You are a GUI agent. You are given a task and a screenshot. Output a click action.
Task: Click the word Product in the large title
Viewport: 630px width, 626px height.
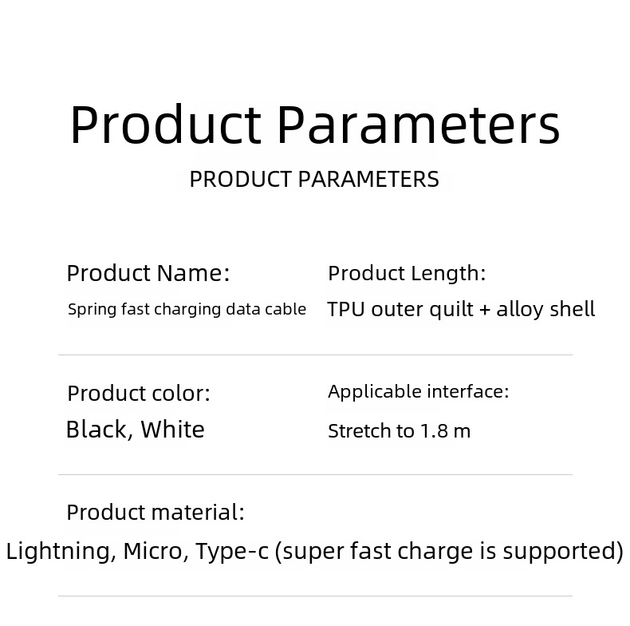[166, 124]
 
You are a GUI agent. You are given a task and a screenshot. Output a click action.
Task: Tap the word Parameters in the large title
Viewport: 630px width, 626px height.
[419, 124]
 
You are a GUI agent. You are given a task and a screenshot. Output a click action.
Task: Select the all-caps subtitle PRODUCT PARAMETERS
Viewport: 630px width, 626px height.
[314, 179]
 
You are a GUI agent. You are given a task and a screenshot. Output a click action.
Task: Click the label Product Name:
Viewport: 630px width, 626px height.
[148, 273]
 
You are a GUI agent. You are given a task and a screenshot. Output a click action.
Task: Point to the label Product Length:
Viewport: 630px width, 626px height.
[407, 274]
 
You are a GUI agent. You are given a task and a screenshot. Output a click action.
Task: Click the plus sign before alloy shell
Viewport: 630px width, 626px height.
[485, 310]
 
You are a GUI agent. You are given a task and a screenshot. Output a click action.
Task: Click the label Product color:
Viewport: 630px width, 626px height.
[139, 393]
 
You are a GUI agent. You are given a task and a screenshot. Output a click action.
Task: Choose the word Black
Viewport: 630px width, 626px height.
[96, 430]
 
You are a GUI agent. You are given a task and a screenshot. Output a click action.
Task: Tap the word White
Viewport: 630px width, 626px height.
[173, 430]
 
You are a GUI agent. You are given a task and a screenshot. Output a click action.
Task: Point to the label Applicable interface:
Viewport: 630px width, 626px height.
[418, 391]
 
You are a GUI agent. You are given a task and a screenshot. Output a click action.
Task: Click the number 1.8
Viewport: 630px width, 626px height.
[434, 431]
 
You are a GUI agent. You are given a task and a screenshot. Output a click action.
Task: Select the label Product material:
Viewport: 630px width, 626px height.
[156, 512]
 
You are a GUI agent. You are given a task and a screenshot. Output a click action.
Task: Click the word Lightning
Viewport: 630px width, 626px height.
[58, 551]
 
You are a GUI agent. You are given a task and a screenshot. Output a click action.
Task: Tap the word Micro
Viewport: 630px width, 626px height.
[153, 551]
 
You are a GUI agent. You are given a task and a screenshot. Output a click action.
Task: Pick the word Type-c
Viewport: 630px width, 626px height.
[232, 551]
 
